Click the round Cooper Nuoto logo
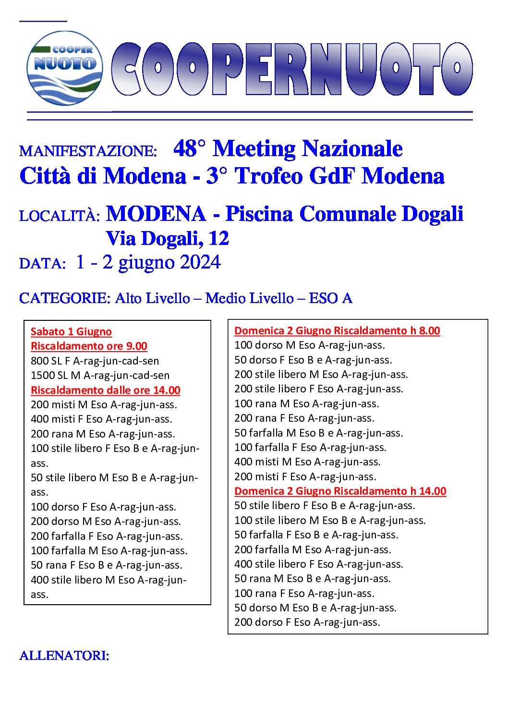tap(65, 68)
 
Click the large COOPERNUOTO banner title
tap(292, 69)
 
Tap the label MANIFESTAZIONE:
tap(88, 151)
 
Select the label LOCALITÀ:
tap(60, 216)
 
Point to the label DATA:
tap(42, 264)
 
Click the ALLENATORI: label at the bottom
tap(64, 656)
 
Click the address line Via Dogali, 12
tap(167, 238)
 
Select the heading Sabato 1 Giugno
tap(71, 331)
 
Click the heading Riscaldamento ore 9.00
tap(89, 346)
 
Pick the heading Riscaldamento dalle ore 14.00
tap(105, 390)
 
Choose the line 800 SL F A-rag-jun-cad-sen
tap(95, 361)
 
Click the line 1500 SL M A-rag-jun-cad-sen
tap(100, 375)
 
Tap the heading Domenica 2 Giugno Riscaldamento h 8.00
tap(337, 330)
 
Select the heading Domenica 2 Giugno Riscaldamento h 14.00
tap(340, 491)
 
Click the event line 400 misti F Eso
tap(101, 419)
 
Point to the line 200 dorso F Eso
tap(307, 622)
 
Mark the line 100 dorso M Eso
tap(309, 345)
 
